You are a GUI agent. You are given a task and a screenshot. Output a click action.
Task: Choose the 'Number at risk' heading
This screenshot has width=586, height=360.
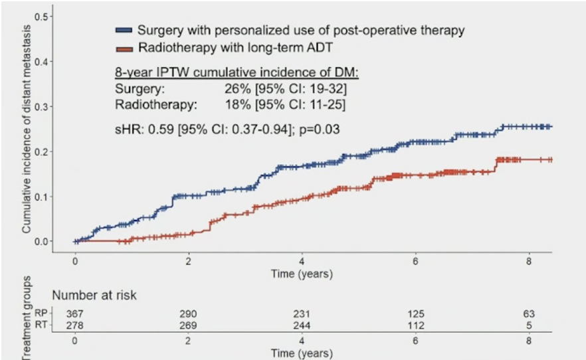click(94, 295)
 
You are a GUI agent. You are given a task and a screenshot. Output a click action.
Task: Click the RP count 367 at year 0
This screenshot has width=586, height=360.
click(75, 313)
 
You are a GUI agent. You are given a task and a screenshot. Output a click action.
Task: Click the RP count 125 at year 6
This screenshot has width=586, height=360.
click(416, 313)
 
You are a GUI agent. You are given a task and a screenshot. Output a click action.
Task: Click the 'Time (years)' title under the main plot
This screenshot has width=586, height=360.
click(302, 273)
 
